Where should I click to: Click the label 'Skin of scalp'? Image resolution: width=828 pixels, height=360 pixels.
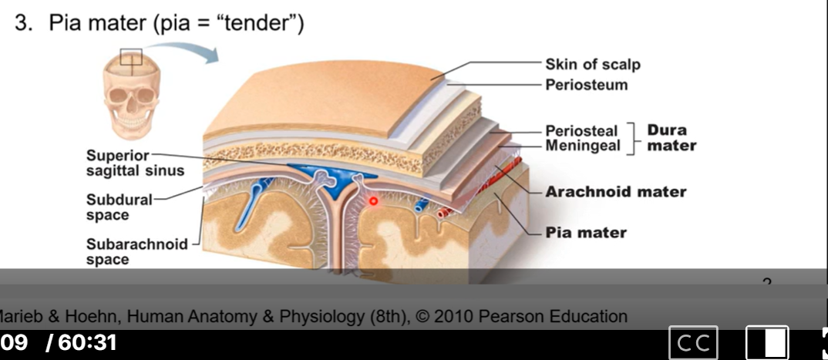click(592, 65)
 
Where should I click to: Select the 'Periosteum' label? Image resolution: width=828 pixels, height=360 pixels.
click(586, 84)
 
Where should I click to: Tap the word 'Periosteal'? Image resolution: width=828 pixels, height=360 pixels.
click(581, 130)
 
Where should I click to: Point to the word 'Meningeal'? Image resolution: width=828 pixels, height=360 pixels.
click(582, 145)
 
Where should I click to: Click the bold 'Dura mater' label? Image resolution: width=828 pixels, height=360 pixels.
click(671, 137)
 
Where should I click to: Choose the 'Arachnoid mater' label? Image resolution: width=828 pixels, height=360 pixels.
click(615, 191)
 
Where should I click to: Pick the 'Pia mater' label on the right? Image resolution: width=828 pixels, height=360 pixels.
click(586, 232)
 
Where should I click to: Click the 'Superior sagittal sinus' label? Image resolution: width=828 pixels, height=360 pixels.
click(134, 163)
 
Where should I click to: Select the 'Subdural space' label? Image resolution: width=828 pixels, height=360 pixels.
click(119, 207)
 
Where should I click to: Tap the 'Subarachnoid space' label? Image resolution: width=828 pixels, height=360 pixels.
click(136, 251)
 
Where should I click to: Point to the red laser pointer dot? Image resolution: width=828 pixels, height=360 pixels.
click(374, 201)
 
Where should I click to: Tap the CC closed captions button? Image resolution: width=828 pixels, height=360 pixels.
click(693, 343)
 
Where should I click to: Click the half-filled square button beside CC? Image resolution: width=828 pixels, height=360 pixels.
click(767, 343)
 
